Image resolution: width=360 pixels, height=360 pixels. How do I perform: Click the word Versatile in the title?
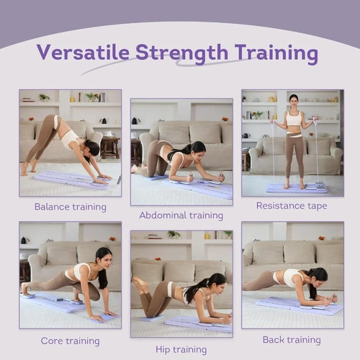coord(83,52)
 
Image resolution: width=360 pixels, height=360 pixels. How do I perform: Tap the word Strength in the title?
coord(181,54)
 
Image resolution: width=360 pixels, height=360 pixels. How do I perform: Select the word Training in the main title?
coord(276,54)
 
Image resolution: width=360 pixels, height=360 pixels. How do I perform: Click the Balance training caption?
coord(71,207)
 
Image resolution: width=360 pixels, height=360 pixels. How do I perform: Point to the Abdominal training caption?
coord(181,215)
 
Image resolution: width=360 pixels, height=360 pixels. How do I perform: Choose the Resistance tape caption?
coord(292,206)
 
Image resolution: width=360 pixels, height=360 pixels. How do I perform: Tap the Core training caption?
coord(71,341)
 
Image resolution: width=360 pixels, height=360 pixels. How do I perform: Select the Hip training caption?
coord(181,350)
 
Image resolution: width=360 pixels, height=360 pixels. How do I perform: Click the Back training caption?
coord(292,340)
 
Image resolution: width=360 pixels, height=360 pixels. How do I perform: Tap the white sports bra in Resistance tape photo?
coord(294,117)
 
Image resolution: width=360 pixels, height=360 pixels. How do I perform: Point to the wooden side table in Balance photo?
coord(110,147)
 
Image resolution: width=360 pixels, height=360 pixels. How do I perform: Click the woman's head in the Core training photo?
coord(104,257)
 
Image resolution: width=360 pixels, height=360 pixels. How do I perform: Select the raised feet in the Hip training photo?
coord(139,283)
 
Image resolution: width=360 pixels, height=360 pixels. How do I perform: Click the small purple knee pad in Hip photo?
coord(152,319)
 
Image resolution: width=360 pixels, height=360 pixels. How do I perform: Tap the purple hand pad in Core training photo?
coord(103,318)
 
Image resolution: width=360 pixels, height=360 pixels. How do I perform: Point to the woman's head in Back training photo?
coord(319,276)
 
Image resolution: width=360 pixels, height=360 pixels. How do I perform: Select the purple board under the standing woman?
coord(297,189)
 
